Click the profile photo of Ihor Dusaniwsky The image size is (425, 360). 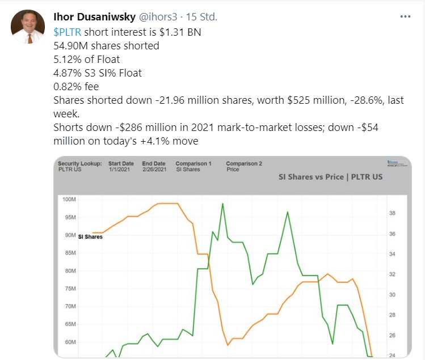pyautogui.click(x=26, y=26)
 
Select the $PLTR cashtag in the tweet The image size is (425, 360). pyautogui.click(x=68, y=32)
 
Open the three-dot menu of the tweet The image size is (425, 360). pyautogui.click(x=405, y=16)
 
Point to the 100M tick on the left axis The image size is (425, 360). pyautogui.click(x=68, y=200)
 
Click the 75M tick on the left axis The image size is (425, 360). pyautogui.click(x=69, y=289)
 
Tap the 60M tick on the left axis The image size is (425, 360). pyautogui.click(x=69, y=342)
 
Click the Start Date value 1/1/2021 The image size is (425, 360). pyautogui.click(x=119, y=169)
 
